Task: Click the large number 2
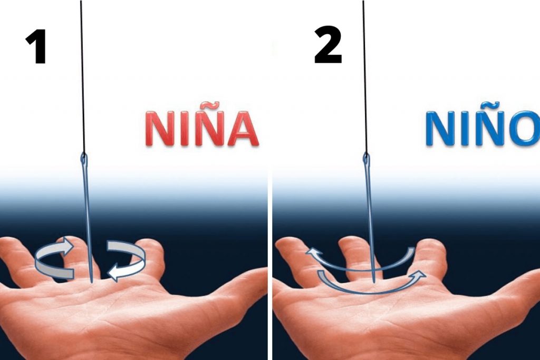[x=328, y=44]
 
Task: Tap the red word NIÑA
[x=202, y=125]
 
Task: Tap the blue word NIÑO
[x=482, y=125]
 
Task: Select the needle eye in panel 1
[x=83, y=159]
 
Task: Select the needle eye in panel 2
[x=366, y=159]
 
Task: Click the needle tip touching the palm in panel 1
[x=92, y=283]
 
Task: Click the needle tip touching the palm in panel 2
[x=374, y=282]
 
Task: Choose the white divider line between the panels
[x=270, y=180]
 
